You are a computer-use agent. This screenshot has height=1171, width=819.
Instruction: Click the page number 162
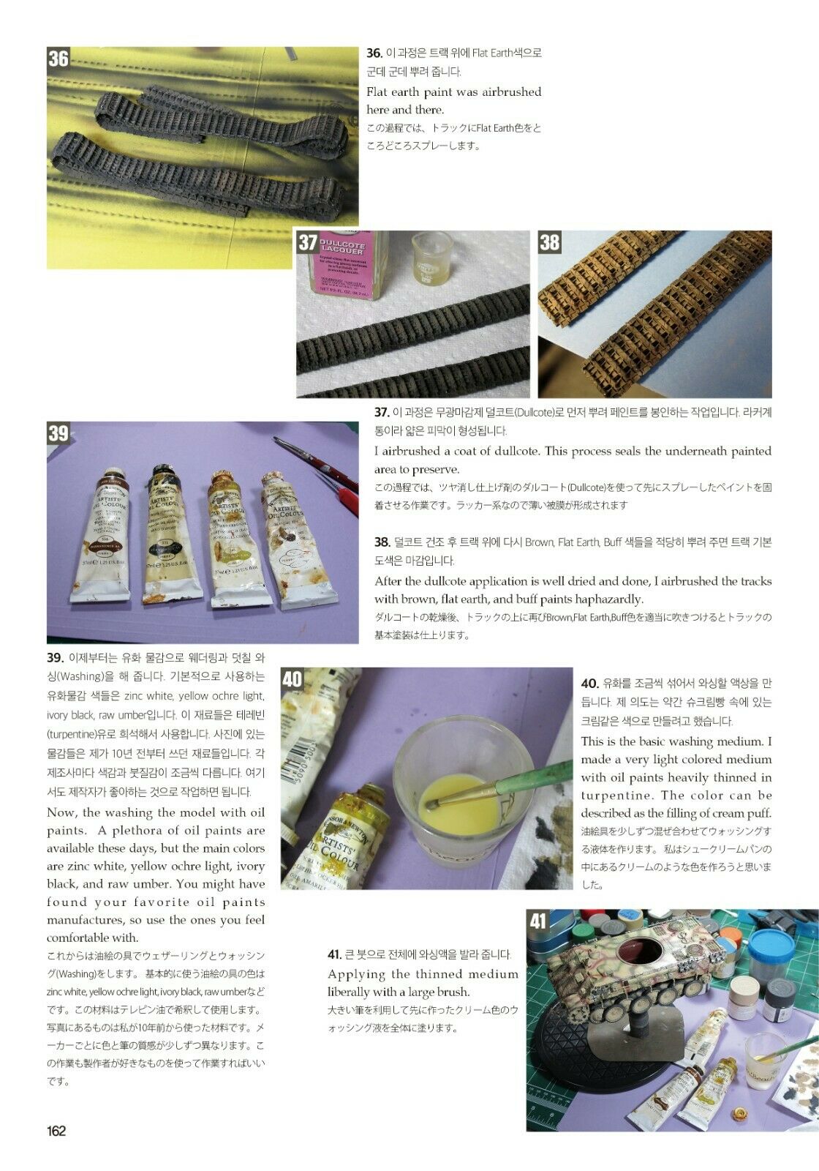(x=56, y=1131)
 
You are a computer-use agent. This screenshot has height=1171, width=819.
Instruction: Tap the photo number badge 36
(x=58, y=58)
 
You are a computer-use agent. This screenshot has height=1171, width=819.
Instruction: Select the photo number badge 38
(x=549, y=242)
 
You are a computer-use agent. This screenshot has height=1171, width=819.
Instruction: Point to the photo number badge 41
(x=538, y=921)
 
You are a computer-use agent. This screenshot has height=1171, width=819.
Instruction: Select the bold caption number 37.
(x=382, y=413)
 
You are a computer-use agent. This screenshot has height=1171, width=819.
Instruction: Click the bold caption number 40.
(x=589, y=684)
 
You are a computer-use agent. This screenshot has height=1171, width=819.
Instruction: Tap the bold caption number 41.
(x=335, y=954)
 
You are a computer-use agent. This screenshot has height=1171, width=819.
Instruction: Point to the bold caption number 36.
(x=374, y=53)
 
